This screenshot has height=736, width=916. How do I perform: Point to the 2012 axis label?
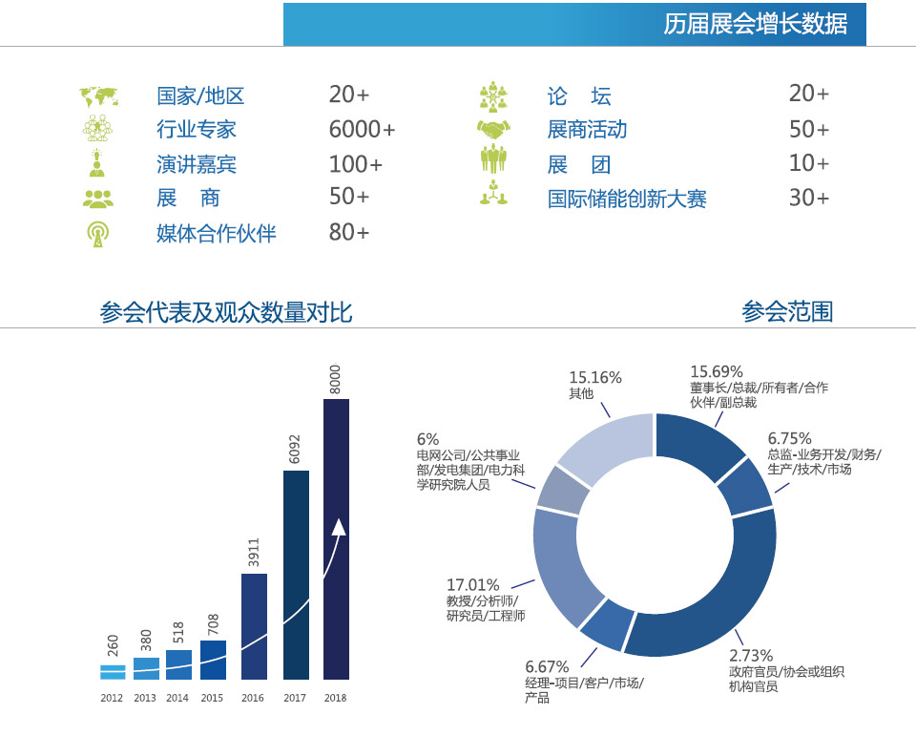point(112,698)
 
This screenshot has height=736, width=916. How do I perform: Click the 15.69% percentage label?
point(717,371)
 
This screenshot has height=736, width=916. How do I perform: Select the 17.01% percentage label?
point(472,585)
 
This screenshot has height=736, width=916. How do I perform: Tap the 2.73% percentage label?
point(751,655)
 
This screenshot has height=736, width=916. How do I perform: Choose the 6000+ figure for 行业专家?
point(362,130)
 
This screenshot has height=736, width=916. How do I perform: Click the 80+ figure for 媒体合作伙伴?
point(348,232)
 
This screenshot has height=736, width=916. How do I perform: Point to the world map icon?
point(98,96)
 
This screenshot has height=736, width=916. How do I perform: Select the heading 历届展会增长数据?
point(755,24)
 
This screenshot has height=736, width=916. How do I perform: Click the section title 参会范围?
point(787,311)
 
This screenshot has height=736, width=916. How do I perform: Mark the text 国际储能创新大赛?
point(627,200)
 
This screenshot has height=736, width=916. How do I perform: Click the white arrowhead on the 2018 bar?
point(338,528)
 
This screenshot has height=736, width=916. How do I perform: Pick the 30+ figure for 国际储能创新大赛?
point(808,198)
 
